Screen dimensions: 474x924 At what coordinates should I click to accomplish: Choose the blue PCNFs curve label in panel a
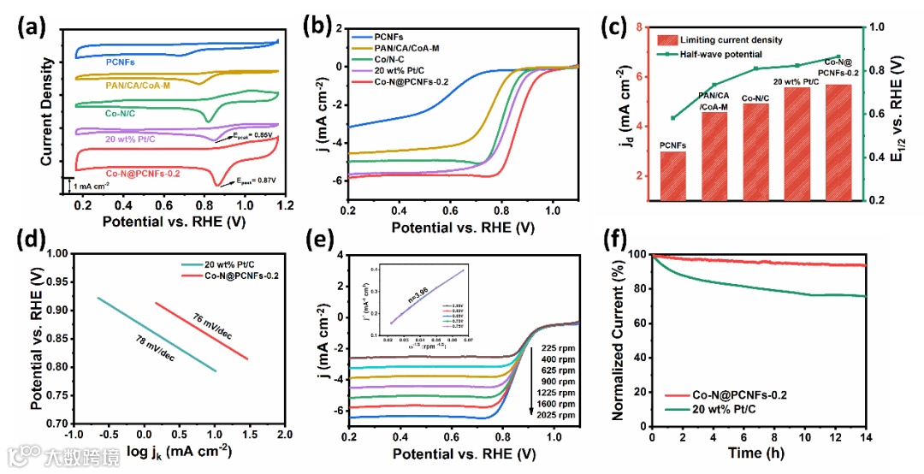(x=121, y=62)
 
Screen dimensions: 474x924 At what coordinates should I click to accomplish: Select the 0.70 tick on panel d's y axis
(x=54, y=424)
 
